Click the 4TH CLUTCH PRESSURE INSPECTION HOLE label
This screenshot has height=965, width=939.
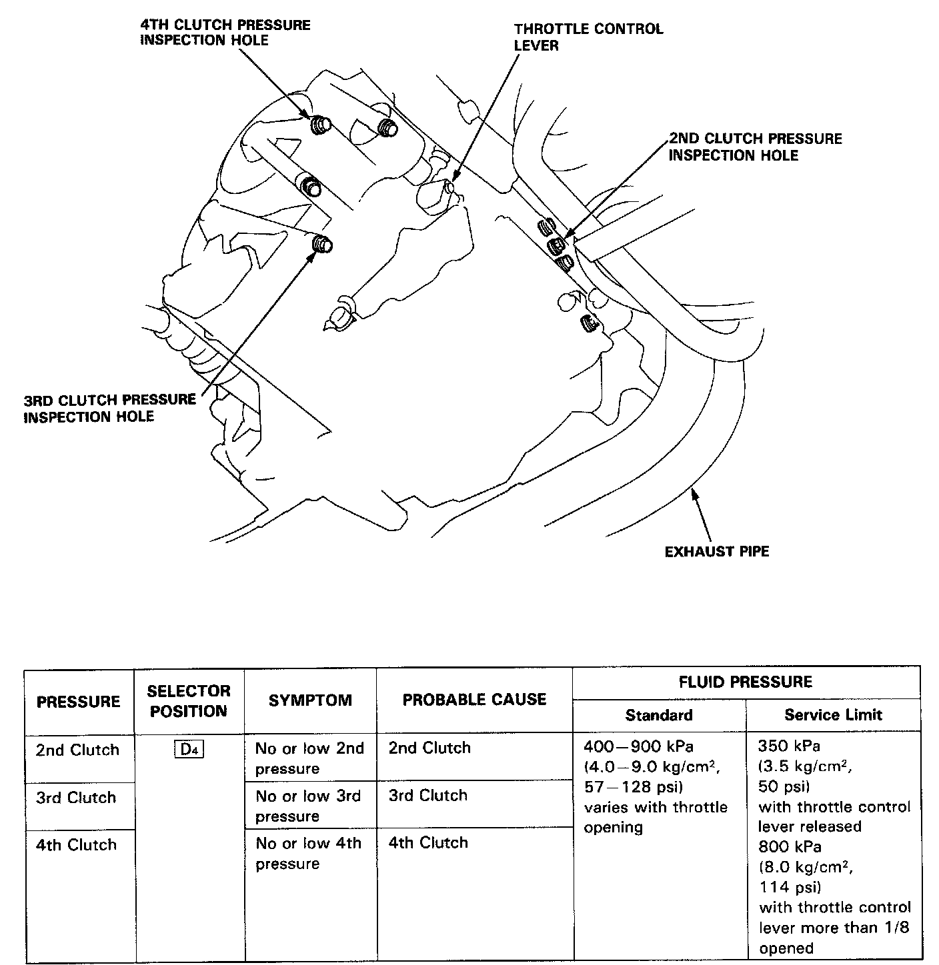(x=225, y=33)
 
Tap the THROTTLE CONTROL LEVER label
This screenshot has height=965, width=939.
(x=588, y=37)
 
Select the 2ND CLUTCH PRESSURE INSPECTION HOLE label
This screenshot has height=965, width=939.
(x=755, y=147)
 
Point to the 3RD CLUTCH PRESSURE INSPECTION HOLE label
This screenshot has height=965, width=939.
(x=110, y=408)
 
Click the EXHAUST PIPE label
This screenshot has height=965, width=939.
(x=717, y=552)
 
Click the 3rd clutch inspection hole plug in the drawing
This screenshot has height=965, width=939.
(x=323, y=245)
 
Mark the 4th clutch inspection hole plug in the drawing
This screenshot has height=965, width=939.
(x=321, y=125)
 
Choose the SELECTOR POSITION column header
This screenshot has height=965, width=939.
(x=189, y=700)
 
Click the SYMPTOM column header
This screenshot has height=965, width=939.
(x=310, y=700)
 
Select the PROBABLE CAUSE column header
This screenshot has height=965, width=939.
(x=474, y=700)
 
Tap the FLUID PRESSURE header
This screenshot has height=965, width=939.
(x=745, y=682)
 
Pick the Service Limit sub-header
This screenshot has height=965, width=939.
(x=833, y=715)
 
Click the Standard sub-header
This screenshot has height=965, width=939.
(x=658, y=715)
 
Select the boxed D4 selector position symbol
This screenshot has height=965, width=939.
(x=189, y=750)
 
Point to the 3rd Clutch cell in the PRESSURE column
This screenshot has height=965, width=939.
(x=76, y=798)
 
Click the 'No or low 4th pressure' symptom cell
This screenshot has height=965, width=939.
(x=308, y=853)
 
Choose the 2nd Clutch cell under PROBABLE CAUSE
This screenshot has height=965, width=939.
(x=429, y=748)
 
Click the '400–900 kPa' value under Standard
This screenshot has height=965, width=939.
(x=638, y=746)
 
